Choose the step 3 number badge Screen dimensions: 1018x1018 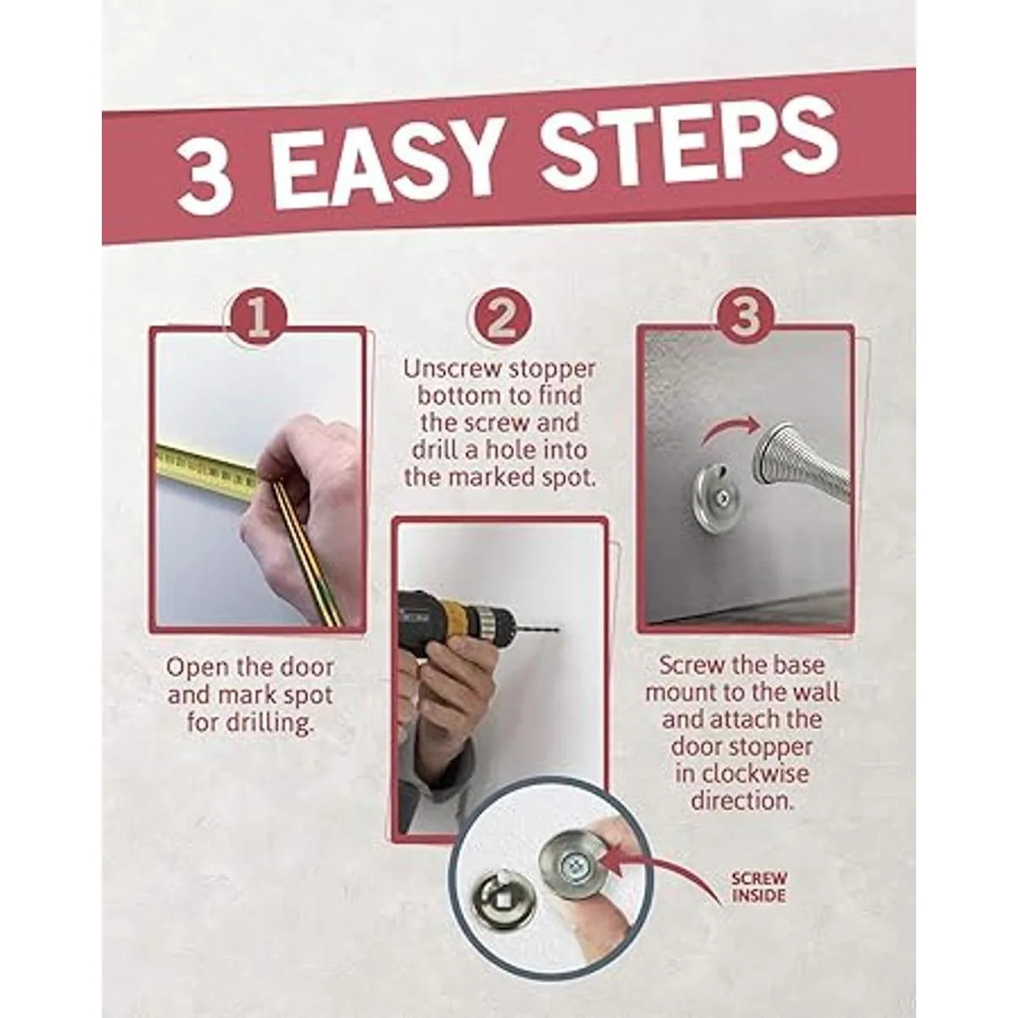[x=746, y=316]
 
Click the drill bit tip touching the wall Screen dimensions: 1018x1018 [x=558, y=629]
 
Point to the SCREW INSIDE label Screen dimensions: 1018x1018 [x=758, y=887]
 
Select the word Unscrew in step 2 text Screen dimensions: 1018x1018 [x=450, y=369]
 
